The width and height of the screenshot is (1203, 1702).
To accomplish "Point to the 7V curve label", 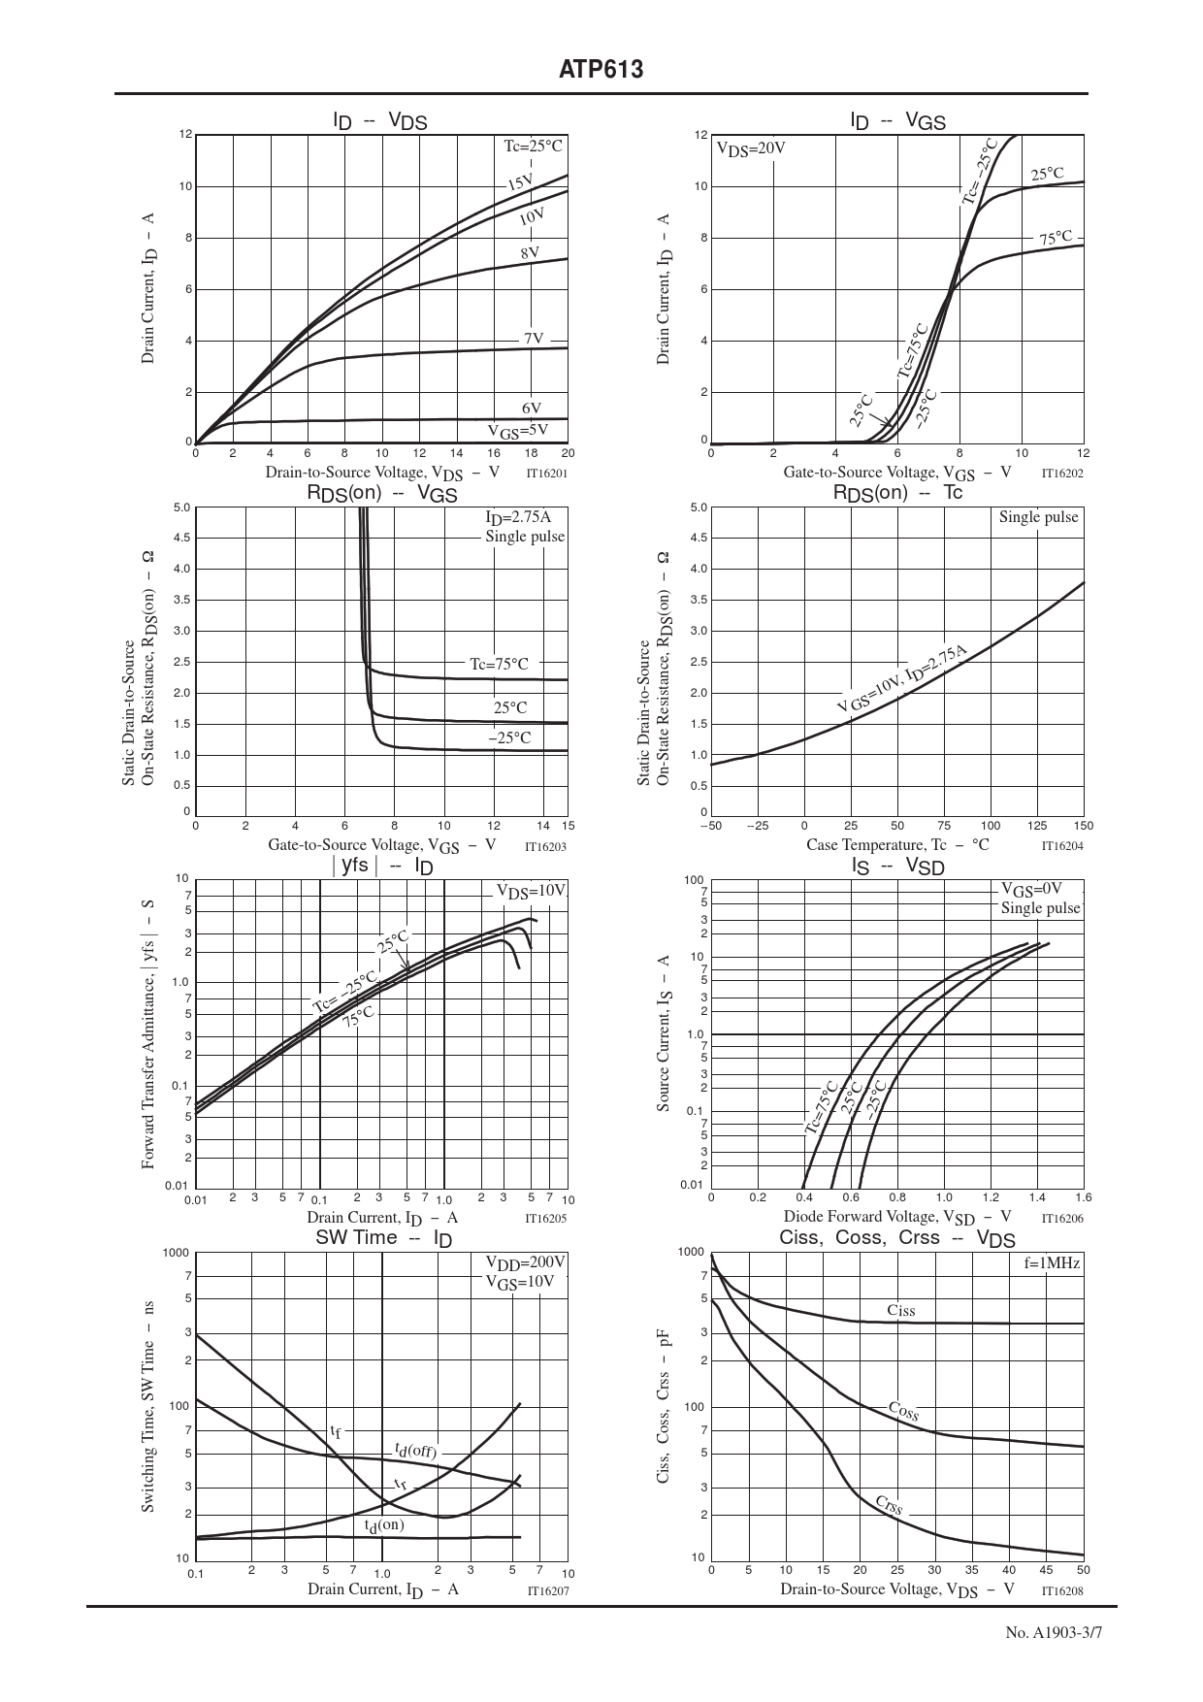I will pos(534,339).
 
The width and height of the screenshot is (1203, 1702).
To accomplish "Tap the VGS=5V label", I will pos(518,431).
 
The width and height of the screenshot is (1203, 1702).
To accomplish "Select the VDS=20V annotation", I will pos(750,148).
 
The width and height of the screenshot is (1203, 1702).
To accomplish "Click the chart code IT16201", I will pos(546,474).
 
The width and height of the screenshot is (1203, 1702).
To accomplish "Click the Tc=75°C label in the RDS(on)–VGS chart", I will pos(500,665).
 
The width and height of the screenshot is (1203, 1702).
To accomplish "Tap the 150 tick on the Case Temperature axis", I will pos(1084,826).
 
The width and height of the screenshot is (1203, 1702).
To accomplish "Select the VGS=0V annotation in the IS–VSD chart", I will pos(1031,888).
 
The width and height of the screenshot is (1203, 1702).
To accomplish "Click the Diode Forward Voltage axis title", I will pos(897,1217).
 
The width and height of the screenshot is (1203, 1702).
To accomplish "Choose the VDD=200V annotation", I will pos(525,1262).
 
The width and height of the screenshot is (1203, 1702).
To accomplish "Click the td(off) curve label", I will pos(415,1451).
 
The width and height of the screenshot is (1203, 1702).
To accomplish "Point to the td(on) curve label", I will pos(384,1524).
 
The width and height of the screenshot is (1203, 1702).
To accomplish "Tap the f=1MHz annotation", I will pos(1052,1263).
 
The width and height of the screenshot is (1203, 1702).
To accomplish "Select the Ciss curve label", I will pos(900,1311).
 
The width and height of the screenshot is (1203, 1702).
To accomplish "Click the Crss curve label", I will pos(889,1505).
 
